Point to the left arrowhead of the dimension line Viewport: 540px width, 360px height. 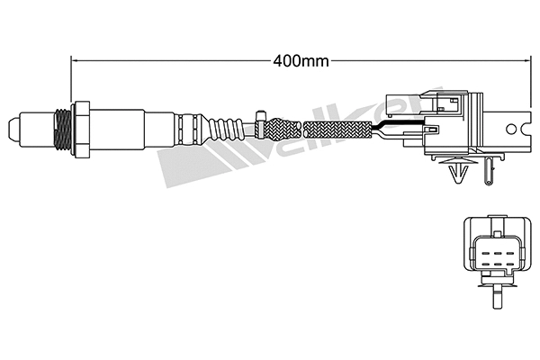(x=75, y=61)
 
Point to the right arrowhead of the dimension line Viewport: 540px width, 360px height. (x=521, y=61)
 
